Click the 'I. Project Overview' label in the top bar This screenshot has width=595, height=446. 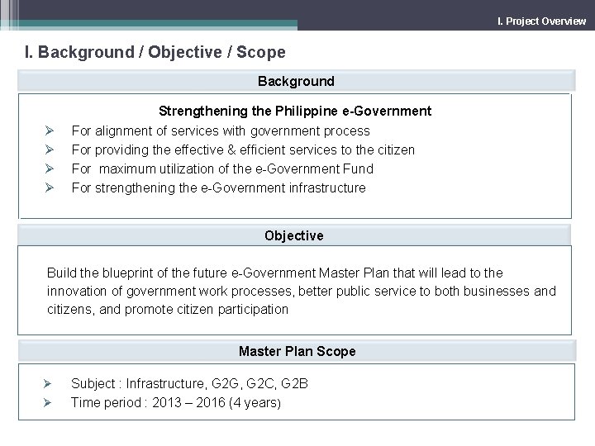tap(541, 21)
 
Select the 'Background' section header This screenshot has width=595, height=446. tap(296, 81)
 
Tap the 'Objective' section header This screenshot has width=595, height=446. tap(294, 235)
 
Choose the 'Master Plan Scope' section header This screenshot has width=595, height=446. tap(297, 351)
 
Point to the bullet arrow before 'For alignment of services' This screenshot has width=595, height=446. tap(50, 130)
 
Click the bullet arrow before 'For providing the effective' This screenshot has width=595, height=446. tap(50, 149)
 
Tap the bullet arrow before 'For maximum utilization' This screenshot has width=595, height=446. tap(50, 168)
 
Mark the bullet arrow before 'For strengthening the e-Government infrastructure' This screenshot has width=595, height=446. tap(50, 187)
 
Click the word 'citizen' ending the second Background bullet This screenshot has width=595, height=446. tap(394, 149)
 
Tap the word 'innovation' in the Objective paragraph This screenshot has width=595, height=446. tap(77, 291)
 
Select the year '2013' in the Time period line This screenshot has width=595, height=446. tap(164, 402)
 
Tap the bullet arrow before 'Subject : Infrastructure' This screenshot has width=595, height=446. tap(49, 383)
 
